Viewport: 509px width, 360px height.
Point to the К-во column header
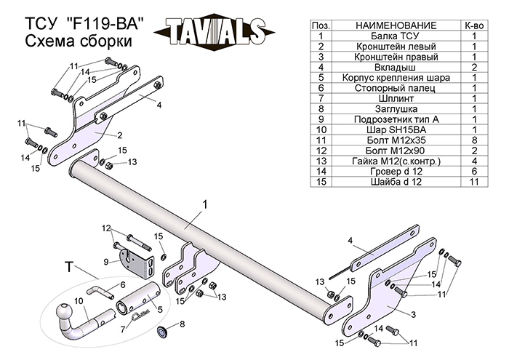[x=473, y=25]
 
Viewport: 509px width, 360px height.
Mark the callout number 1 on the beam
[x=206, y=206]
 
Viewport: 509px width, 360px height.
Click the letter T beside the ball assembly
[x=68, y=268]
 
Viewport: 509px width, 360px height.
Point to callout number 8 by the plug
[x=183, y=323]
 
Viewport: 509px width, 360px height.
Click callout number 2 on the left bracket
[x=119, y=135]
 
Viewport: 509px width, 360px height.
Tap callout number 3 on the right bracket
[x=413, y=313]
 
